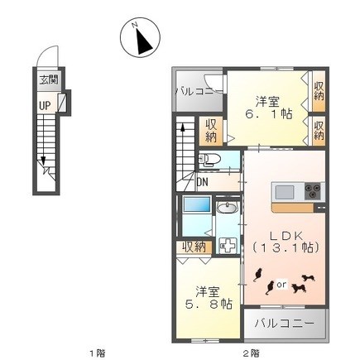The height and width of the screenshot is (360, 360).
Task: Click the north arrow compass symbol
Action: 140,38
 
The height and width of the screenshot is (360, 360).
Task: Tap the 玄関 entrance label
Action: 49,80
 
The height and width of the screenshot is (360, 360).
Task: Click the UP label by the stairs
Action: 45,105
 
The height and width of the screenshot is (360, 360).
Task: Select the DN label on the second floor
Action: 203,182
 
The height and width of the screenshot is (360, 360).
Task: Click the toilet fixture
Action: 209,160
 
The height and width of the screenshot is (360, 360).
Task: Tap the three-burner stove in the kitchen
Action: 313,191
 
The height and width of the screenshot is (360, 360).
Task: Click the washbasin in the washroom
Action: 227,208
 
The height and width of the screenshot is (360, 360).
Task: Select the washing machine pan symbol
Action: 228,245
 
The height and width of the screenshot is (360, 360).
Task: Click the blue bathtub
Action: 197,204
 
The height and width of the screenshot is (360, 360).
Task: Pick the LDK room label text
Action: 286,235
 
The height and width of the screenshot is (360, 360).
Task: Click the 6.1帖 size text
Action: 269,113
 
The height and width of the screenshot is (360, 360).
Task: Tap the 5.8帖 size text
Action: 209,305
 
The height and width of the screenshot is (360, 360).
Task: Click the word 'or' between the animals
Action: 281,284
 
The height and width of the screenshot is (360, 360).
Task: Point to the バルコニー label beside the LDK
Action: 284,323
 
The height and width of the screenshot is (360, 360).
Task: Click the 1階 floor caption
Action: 98,353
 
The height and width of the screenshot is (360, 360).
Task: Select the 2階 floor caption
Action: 251,353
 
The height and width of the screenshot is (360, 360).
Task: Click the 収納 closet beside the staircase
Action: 211,132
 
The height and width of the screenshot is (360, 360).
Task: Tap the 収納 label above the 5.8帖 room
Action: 194,247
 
